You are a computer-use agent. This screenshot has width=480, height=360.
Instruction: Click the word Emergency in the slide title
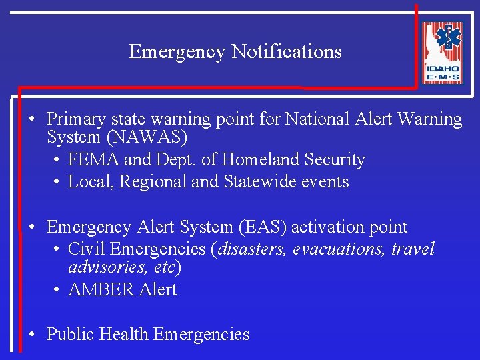177,52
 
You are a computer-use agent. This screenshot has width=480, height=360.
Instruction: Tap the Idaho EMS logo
442,53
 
